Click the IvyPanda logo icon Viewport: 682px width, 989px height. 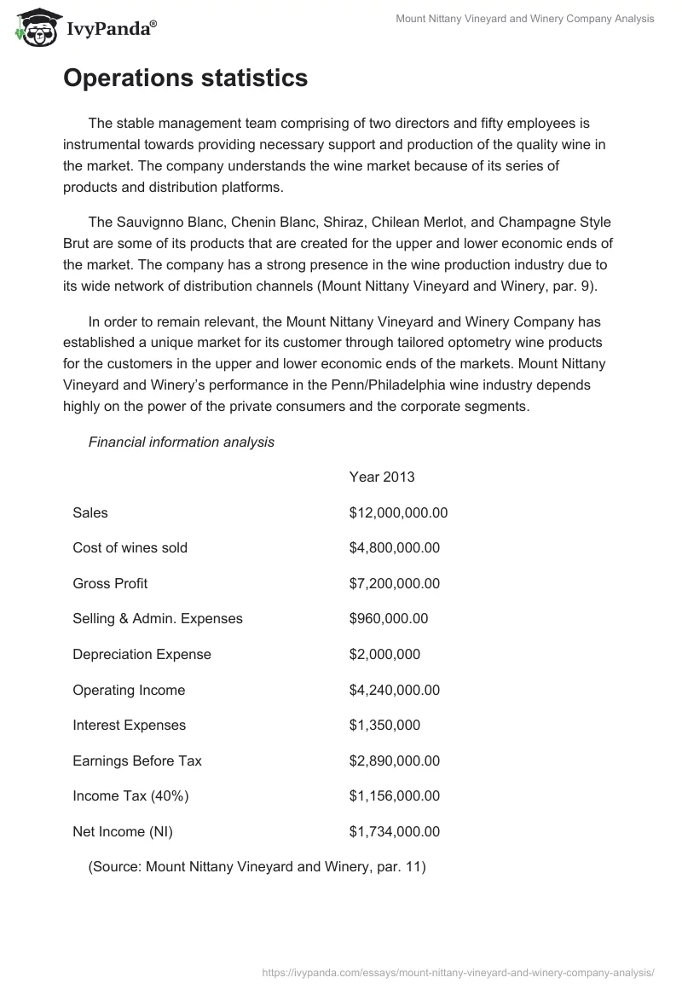pos(34,26)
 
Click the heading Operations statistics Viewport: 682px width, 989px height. pos(185,78)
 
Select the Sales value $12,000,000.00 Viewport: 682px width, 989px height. pos(398,512)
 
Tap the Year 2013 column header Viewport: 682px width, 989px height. pos(382,477)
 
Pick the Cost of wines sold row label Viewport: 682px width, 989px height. pos(130,547)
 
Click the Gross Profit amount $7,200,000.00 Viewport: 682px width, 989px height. pos(394,583)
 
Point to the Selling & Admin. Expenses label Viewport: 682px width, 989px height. pos(158,619)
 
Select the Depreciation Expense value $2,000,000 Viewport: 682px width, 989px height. pos(384,655)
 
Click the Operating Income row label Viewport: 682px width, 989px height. pos(129,690)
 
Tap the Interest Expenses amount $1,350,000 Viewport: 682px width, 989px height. pos(384,726)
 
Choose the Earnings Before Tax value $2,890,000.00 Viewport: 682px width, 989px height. pos(394,761)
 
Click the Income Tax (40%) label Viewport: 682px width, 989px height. pos(130,796)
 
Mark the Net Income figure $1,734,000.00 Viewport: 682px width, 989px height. pos(394,831)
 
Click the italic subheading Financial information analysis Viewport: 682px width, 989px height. pos(182,442)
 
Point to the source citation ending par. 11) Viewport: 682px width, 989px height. pos(257,867)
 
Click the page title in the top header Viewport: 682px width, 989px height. pos(525,19)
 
